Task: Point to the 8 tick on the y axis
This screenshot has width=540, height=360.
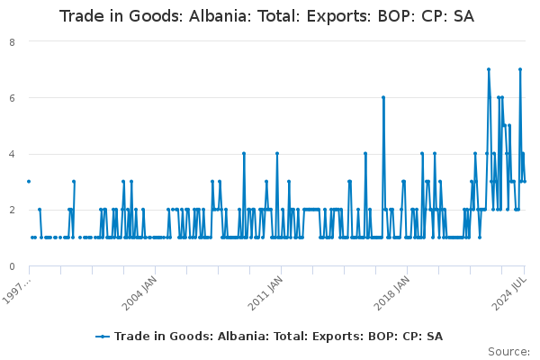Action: click(x=12, y=42)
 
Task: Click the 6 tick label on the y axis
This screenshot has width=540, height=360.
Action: click(x=12, y=98)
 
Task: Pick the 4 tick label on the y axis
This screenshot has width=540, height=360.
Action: click(x=12, y=154)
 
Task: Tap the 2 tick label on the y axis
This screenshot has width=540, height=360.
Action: click(x=12, y=210)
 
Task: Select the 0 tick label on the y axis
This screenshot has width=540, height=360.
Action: click(x=12, y=266)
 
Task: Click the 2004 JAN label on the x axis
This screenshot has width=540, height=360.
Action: click(x=139, y=293)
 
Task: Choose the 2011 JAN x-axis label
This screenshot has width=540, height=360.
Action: click(x=265, y=293)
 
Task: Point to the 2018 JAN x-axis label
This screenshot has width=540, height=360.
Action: click(x=391, y=293)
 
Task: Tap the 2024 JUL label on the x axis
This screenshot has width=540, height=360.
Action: click(x=509, y=293)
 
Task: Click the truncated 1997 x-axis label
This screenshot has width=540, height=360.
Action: click(x=17, y=291)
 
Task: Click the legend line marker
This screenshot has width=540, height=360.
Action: click(x=103, y=337)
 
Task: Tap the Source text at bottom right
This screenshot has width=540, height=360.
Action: click(x=508, y=352)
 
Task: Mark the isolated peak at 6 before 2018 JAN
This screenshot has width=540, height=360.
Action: click(x=383, y=97)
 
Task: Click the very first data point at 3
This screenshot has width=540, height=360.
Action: click(x=29, y=182)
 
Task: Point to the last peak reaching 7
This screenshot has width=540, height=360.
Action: click(x=520, y=69)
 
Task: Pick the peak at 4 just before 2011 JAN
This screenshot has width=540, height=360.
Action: click(x=277, y=154)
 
